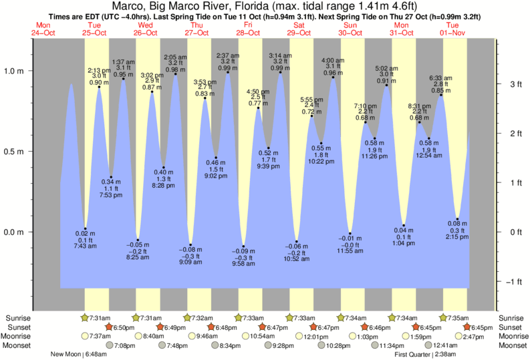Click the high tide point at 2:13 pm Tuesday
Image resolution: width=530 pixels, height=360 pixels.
(x=99, y=87)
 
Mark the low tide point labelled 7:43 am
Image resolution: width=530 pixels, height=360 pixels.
(x=86, y=228)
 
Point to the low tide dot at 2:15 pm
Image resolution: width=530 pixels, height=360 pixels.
(x=457, y=218)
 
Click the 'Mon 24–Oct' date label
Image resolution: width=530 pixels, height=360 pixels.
(x=42, y=29)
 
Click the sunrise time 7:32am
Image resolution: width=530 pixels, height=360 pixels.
(x=200, y=318)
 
